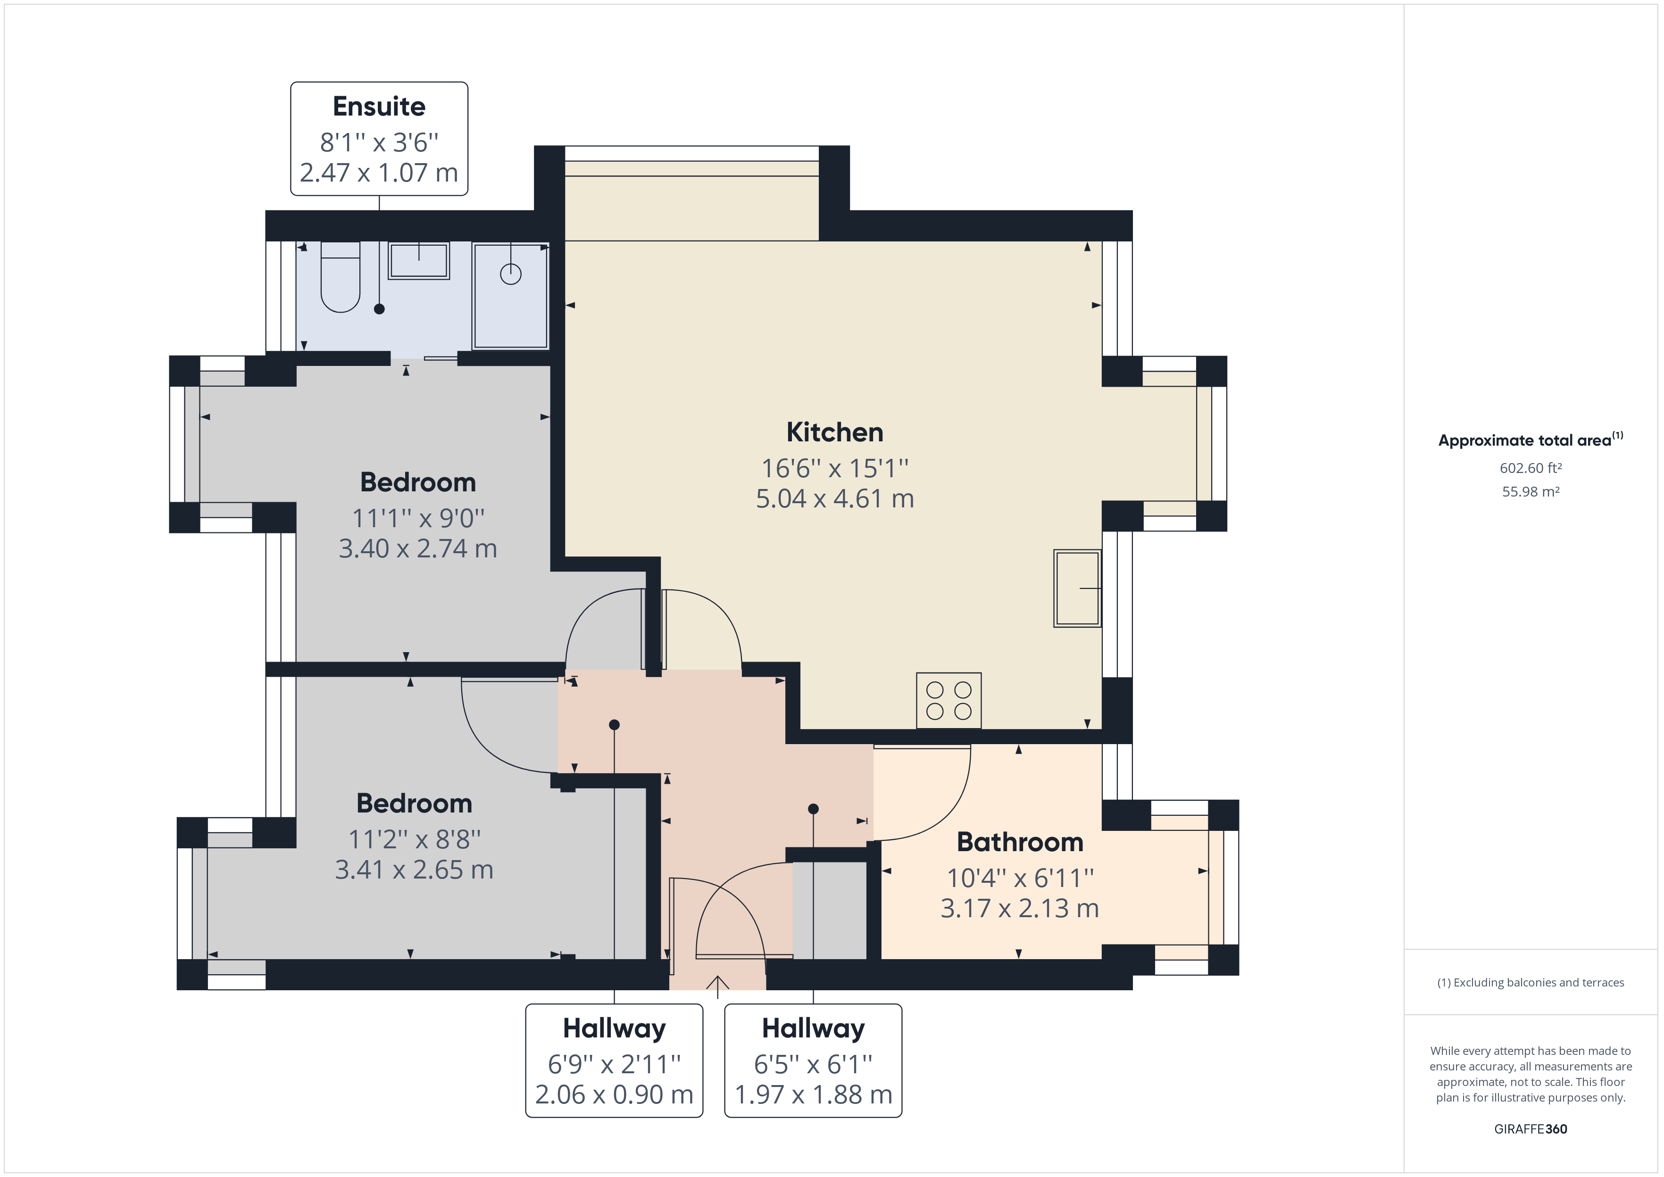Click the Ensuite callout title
[x=379, y=107]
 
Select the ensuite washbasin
[x=419, y=261]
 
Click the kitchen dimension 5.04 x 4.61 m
[x=834, y=498]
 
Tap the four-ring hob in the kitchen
[x=948, y=701]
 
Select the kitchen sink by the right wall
[x=1077, y=588]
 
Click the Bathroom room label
[x=1020, y=842]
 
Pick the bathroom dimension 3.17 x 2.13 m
[x=1020, y=908]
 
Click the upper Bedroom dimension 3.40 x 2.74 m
[x=418, y=548]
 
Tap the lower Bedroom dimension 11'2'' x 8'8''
[x=415, y=839]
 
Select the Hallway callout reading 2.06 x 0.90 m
[x=614, y=1094]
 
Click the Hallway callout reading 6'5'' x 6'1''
[x=813, y=1064]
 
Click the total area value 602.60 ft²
[x=1531, y=468]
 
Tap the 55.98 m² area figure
[x=1531, y=491]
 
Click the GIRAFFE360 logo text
[x=1531, y=1128]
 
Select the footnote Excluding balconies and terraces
[x=1531, y=983]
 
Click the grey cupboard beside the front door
[x=830, y=910]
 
